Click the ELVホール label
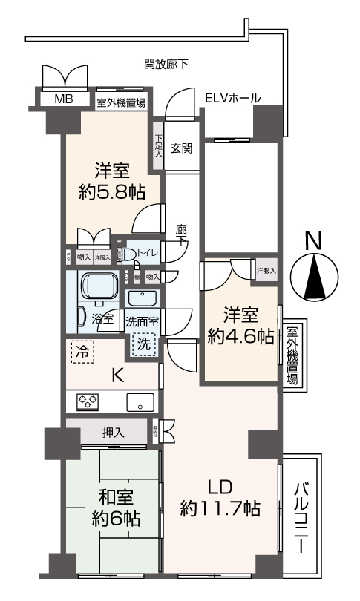(x=232, y=98)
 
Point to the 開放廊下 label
(x=166, y=65)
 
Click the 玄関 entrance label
(x=181, y=147)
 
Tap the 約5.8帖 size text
(x=111, y=193)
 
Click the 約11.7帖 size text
(x=220, y=508)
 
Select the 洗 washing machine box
(x=143, y=343)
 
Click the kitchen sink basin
(x=140, y=403)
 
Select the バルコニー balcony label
(x=302, y=516)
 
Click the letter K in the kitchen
(x=117, y=375)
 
